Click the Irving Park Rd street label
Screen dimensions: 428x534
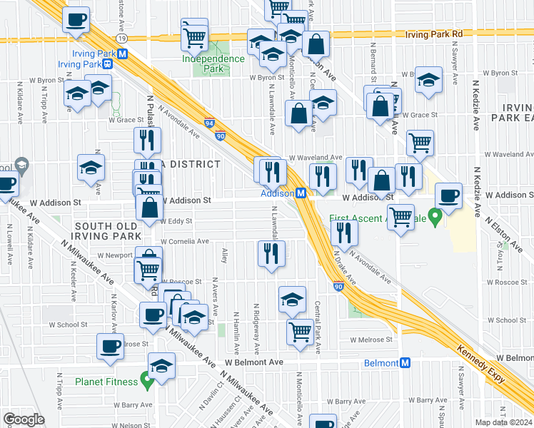434,34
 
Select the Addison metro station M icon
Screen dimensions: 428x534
302,193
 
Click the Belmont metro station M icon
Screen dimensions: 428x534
405,362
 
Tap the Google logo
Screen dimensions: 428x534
23,419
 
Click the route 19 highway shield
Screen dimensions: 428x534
123,36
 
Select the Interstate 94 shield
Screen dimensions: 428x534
209,123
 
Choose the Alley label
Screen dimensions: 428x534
224,255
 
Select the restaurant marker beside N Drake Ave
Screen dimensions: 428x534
344,233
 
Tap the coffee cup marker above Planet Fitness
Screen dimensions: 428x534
110,347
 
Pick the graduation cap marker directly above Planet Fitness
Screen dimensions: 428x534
162,366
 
